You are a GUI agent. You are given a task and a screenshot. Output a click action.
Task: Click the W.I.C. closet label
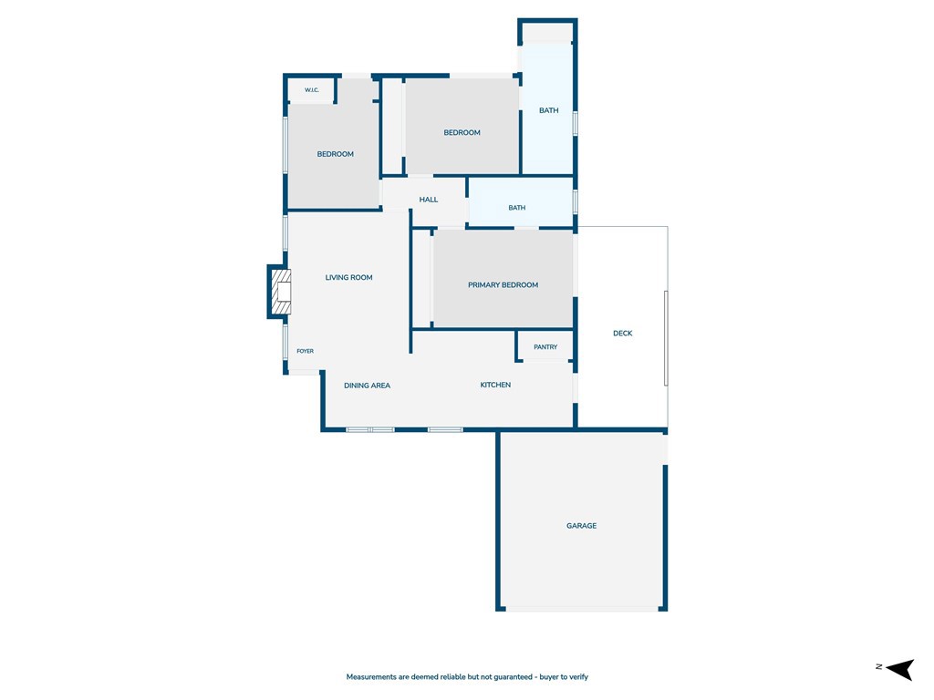pyautogui.click(x=312, y=90)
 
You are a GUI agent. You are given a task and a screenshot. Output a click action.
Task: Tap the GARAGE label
pyautogui.click(x=581, y=526)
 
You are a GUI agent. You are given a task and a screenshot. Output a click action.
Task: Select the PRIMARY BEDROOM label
pyautogui.click(x=503, y=284)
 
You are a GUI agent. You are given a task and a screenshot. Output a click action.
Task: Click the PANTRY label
pyautogui.click(x=545, y=347)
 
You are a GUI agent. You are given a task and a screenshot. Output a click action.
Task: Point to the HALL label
pyautogui.click(x=429, y=200)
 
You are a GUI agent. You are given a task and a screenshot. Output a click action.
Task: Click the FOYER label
pyautogui.click(x=305, y=351)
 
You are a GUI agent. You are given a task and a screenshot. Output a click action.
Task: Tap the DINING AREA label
pyautogui.click(x=367, y=386)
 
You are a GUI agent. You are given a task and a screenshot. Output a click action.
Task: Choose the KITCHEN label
pyautogui.click(x=495, y=385)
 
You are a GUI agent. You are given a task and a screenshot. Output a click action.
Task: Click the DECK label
pyautogui.click(x=622, y=334)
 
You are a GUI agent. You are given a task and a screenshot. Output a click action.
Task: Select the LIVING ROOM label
pyautogui.click(x=348, y=277)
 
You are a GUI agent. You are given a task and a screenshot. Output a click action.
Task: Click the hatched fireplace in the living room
pyautogui.click(x=281, y=292)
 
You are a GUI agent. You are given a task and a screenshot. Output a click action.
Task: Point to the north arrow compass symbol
pyautogui.click(x=900, y=669)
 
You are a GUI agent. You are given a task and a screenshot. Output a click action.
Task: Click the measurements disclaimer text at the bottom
pyautogui.click(x=467, y=677)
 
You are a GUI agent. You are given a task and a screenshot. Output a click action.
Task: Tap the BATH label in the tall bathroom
pyautogui.click(x=548, y=110)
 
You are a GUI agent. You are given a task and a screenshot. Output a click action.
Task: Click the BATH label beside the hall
pyautogui.click(x=517, y=208)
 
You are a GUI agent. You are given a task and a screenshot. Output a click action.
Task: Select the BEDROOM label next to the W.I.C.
pyautogui.click(x=336, y=154)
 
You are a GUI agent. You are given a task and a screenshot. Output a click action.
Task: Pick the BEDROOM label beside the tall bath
pyautogui.click(x=462, y=133)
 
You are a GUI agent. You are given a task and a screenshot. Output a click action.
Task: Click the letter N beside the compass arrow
pyautogui.click(x=879, y=666)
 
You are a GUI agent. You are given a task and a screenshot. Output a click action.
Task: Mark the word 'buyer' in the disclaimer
pyautogui.click(x=550, y=677)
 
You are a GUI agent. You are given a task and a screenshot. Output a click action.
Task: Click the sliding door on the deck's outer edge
pyautogui.click(x=666, y=338)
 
